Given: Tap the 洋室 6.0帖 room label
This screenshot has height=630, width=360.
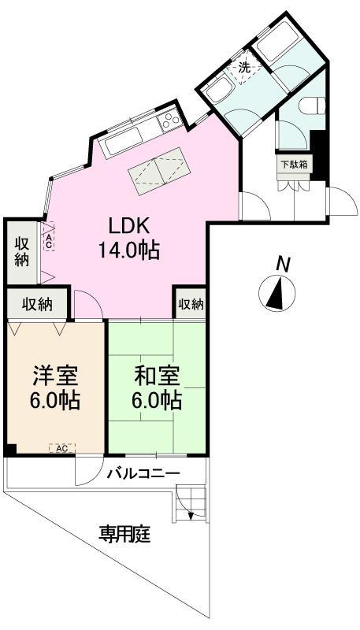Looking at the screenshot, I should pos(55,387).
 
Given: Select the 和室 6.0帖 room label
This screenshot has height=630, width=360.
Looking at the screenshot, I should pos(157,387).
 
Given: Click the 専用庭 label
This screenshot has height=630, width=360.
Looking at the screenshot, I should pos(124,535).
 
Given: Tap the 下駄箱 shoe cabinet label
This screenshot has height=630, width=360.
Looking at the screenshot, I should pos(294,165).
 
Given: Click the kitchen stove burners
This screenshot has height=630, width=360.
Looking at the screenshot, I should pos(170,121).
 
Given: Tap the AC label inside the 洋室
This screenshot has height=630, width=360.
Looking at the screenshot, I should pos(61,448).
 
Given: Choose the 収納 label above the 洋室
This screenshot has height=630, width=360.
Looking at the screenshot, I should pos(37,303).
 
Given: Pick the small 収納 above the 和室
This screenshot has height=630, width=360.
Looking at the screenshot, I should pos(191,303).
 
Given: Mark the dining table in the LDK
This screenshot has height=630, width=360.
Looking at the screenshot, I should pos(158,169).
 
